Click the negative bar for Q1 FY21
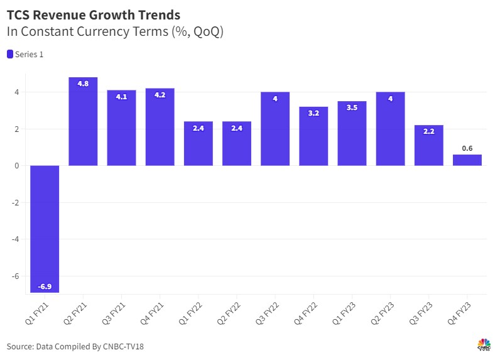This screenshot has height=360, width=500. click(45, 229)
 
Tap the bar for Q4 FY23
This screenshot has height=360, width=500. click(467, 160)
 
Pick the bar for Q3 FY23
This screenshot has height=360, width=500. click(429, 145)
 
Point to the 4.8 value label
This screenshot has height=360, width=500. click(83, 83)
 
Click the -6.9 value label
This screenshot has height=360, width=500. click(45, 286)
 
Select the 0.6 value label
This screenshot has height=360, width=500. click(467, 148)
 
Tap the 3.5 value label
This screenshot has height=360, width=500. click(352, 107)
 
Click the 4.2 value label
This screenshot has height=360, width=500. click(160, 94)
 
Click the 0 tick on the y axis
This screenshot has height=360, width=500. click(17, 166)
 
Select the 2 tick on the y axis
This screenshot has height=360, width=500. click(17, 129)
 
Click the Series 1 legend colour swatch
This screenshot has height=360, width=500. click(10, 55)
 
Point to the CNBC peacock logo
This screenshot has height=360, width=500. click(484, 344)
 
